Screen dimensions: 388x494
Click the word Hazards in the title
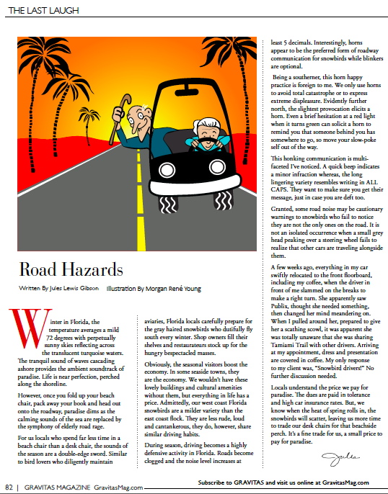point(86,270)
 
